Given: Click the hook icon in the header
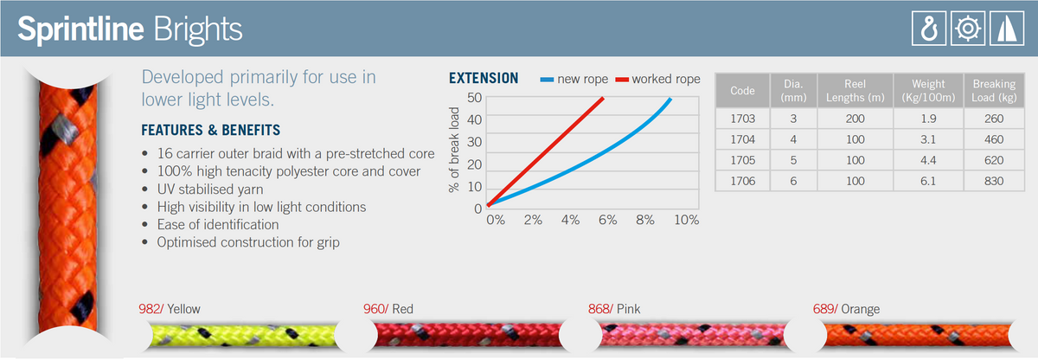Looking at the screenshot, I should tap(928, 29).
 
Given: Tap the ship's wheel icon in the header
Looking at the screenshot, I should tap(964, 29).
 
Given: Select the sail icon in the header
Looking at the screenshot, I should tap(1001, 29).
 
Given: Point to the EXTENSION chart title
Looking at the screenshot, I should tap(484, 79).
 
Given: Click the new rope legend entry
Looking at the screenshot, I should tap(575, 79).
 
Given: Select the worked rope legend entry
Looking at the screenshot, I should tap(657, 79).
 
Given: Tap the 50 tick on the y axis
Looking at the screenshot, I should tap(473, 97).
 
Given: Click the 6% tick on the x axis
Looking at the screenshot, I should tap(607, 221).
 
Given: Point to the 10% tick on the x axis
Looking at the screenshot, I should tap(685, 221).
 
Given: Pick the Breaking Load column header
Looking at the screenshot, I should tap(993, 91).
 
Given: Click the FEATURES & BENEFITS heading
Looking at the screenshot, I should tap(210, 131).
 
